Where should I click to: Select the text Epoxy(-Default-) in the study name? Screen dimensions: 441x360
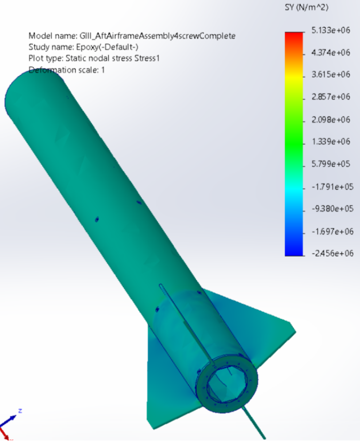coord(106,47)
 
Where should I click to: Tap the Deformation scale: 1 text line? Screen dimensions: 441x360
coord(66,70)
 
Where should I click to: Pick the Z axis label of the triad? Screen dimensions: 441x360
coord(20,410)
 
